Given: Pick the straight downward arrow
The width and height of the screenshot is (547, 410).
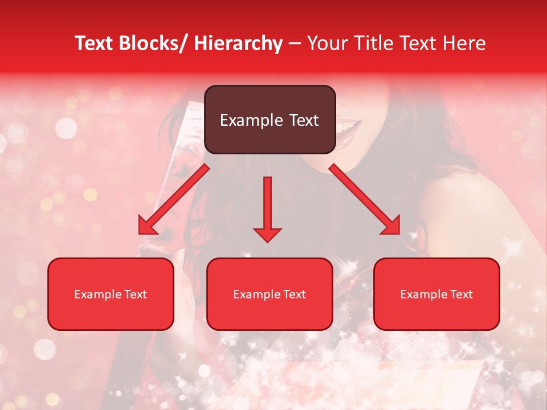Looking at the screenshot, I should [x=267, y=208].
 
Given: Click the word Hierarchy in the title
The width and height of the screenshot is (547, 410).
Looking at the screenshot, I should [x=238, y=44].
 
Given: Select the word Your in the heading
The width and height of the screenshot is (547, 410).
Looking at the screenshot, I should [x=326, y=44].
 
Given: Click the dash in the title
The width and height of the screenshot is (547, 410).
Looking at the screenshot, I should [x=295, y=44].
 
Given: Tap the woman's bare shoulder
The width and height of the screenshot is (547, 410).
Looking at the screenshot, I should [x=456, y=194].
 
